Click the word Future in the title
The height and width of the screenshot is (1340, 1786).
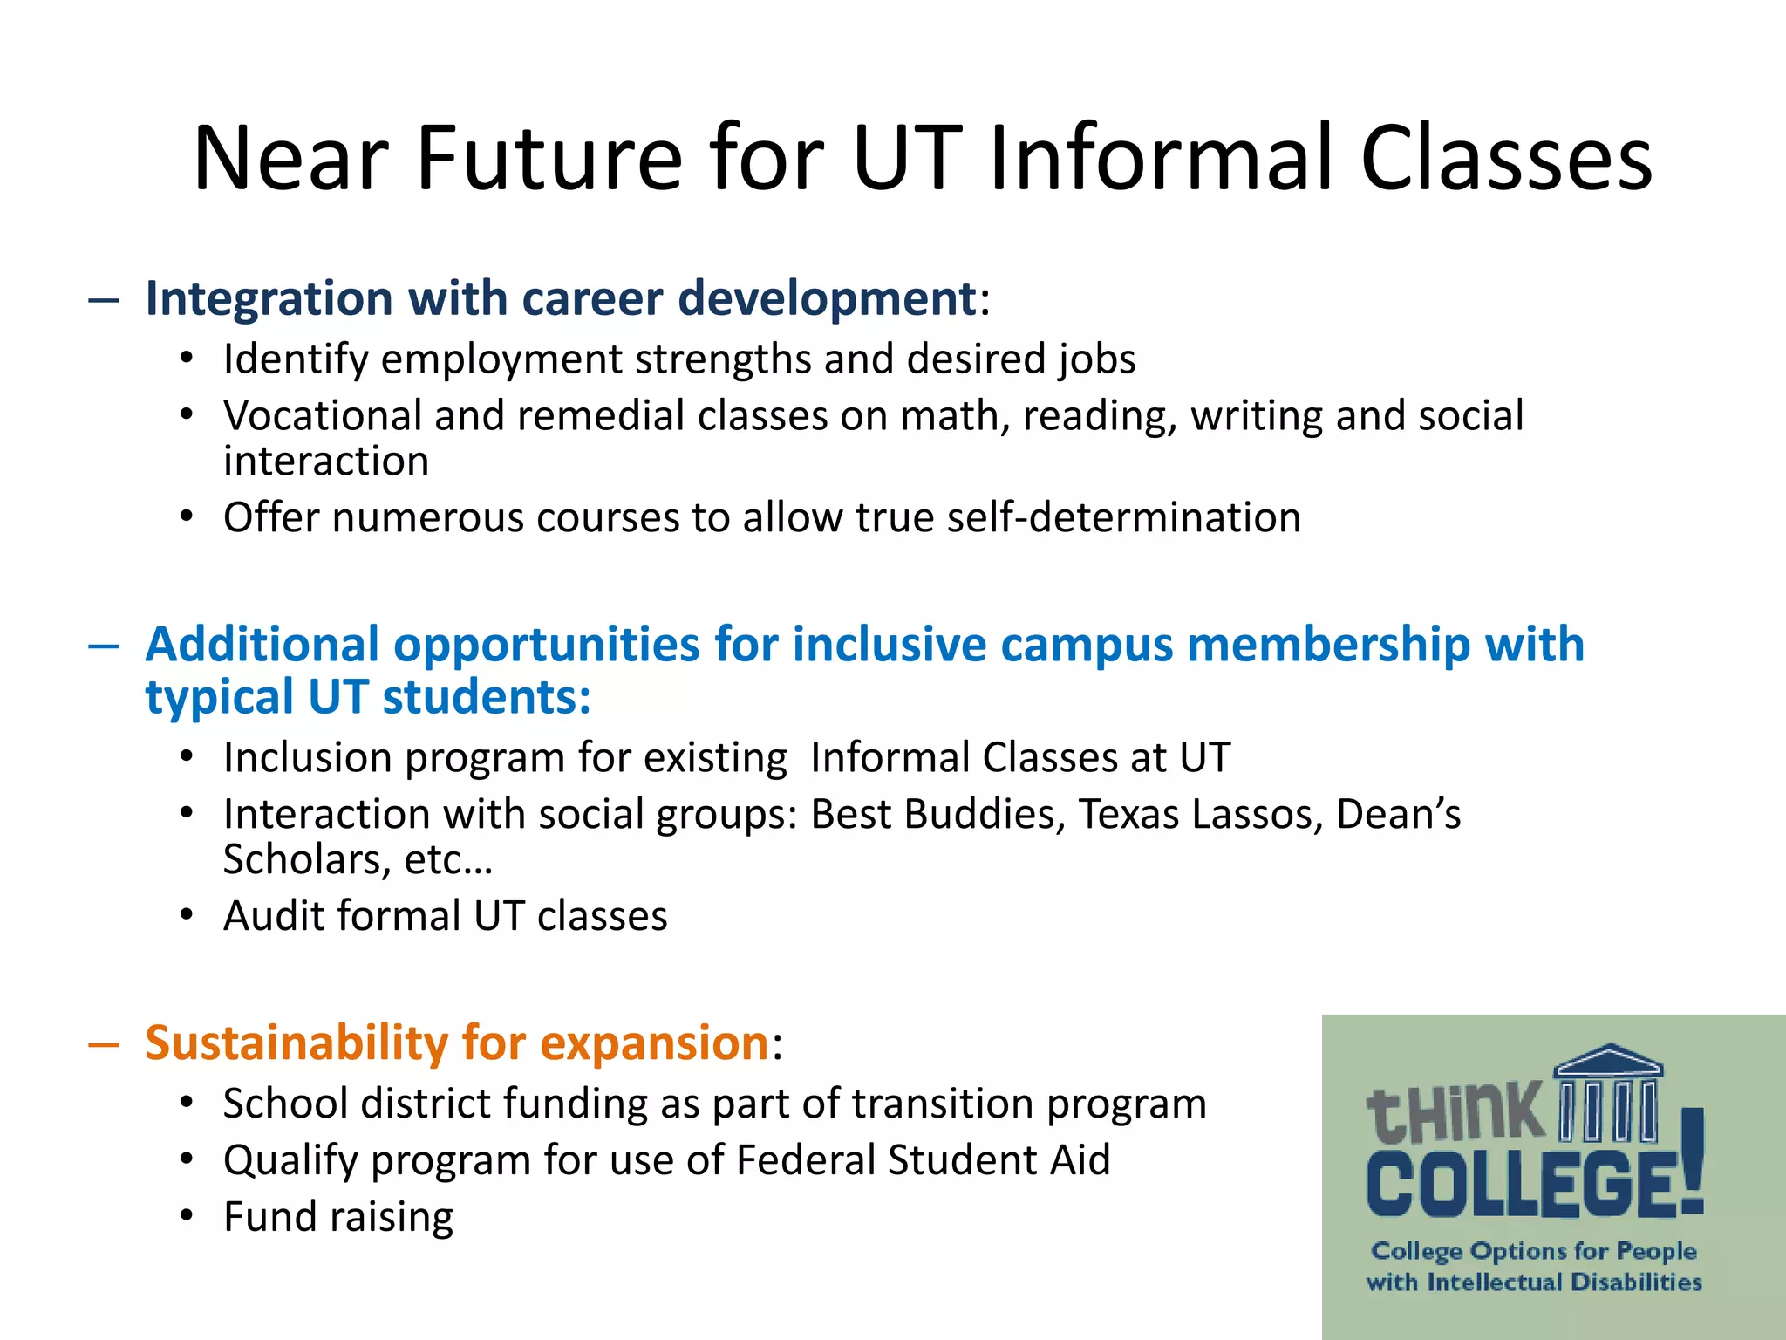(549, 159)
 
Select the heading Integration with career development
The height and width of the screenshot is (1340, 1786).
(560, 298)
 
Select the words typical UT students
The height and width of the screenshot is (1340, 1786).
(367, 698)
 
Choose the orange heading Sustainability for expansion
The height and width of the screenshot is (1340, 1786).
(456, 1043)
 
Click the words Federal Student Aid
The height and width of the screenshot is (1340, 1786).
(924, 1160)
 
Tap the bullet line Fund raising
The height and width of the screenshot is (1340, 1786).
(338, 1217)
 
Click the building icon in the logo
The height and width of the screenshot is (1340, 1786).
(1609, 1094)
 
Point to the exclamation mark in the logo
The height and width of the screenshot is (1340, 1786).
(1692, 1160)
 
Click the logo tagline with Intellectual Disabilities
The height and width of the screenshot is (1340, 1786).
(1534, 1282)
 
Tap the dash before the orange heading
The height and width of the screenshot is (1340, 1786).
(103, 1044)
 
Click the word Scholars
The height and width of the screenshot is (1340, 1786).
(297, 859)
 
